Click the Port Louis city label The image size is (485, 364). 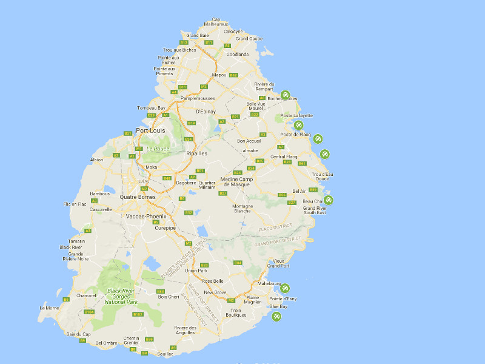pyautogui.click(x=150, y=130)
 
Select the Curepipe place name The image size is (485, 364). pyautogui.click(x=164, y=228)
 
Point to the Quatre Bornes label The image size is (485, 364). pyautogui.click(x=138, y=197)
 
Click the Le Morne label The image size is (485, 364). pyautogui.click(x=49, y=308)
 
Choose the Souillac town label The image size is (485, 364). pyautogui.click(x=166, y=352)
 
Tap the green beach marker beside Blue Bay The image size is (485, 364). pyautogui.click(x=276, y=316)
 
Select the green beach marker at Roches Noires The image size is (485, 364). pyautogui.click(x=285, y=94)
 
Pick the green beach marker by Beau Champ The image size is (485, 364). pyautogui.click(x=329, y=200)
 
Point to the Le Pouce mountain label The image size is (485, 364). pyautogui.click(x=157, y=149)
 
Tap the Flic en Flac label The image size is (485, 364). pyautogui.click(x=75, y=204)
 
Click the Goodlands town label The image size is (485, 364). pyautogui.click(x=237, y=54)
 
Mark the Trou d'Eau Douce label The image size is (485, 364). pyautogui.click(x=322, y=177)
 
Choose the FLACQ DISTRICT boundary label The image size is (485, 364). pyautogui.click(x=275, y=228)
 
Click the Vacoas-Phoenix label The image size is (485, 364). pyautogui.click(x=145, y=216)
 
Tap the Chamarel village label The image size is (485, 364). pyautogui.click(x=86, y=295)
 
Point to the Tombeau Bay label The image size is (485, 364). pyautogui.click(x=151, y=108)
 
